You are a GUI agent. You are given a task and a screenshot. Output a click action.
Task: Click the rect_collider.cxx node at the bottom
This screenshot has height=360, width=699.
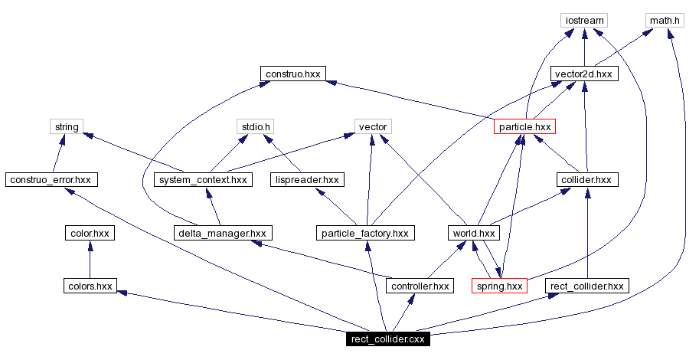[x=387, y=339]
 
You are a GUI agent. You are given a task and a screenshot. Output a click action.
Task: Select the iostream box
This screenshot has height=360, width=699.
[x=584, y=21]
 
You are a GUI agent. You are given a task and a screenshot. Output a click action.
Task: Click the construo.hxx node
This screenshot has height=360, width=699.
[x=293, y=74]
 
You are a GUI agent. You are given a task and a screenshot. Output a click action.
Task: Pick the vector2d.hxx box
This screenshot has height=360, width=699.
[x=584, y=74]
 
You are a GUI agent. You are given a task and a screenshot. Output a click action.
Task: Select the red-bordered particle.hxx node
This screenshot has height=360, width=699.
[x=524, y=126]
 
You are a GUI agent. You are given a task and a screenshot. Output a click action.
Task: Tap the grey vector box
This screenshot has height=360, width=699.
[x=373, y=126]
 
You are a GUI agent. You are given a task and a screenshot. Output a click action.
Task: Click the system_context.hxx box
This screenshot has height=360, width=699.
[x=203, y=180]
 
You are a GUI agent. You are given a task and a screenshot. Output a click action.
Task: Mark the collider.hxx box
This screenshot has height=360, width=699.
[x=586, y=180]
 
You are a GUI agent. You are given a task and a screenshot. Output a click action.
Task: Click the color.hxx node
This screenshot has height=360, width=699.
[x=90, y=233]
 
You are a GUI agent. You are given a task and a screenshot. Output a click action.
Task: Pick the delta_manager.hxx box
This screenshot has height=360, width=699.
[x=222, y=233]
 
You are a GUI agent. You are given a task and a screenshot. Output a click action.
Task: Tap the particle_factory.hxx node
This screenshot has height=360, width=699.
[x=366, y=233]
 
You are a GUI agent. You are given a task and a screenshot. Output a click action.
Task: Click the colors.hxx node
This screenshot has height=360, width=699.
[x=90, y=286]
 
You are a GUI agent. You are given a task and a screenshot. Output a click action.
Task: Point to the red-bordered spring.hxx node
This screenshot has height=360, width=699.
[x=500, y=286]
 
